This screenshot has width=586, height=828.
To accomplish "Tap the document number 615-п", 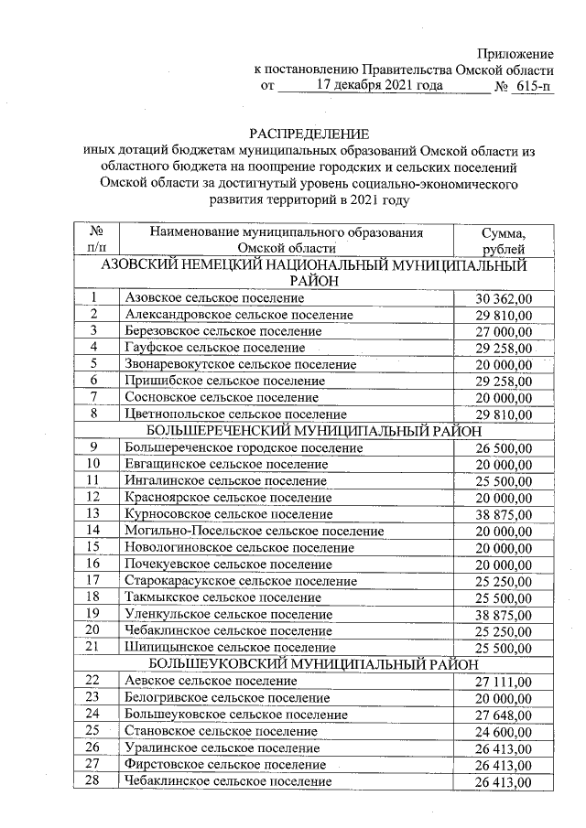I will coord(534,86).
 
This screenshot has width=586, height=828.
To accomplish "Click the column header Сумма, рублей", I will coord(503,240).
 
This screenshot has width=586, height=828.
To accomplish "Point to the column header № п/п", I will coord(94,240).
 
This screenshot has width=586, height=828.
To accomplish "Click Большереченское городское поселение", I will coord(244,448).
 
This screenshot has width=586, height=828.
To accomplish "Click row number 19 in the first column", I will coord(93,613).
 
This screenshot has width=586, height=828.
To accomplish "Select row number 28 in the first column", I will coord(93,780).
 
